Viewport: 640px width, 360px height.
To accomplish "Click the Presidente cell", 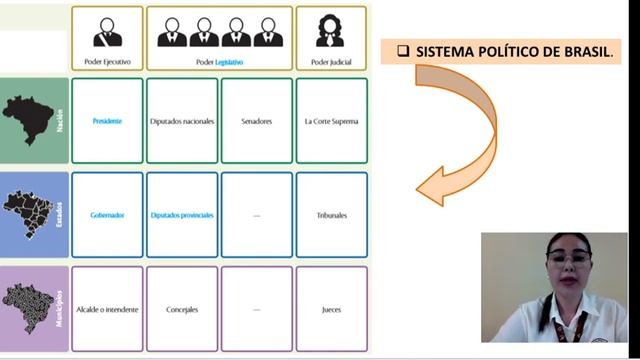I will pyautogui.click(x=107, y=121).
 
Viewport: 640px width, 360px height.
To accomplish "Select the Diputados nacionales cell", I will pyautogui.click(x=182, y=121).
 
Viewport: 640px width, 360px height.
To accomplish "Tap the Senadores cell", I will pyautogui.click(x=257, y=121).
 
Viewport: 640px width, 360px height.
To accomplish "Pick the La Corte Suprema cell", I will pyautogui.click(x=331, y=121).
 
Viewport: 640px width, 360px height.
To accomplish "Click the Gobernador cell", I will pyautogui.click(x=107, y=215).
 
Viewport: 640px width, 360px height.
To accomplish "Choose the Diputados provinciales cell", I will pyautogui.click(x=182, y=215).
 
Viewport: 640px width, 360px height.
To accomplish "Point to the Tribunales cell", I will pyautogui.click(x=331, y=215).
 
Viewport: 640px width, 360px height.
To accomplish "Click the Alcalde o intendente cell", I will pyautogui.click(x=107, y=309).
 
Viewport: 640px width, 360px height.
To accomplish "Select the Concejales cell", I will pyautogui.click(x=182, y=309).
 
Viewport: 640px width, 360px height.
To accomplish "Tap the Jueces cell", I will pyautogui.click(x=331, y=309).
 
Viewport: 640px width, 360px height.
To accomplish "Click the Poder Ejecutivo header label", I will pyautogui.click(x=107, y=62).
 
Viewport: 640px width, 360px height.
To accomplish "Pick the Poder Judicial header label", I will pyautogui.click(x=331, y=62).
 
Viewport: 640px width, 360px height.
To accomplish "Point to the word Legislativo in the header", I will pyautogui.click(x=229, y=62).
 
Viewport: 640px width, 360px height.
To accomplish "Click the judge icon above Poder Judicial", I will pyautogui.click(x=331, y=31).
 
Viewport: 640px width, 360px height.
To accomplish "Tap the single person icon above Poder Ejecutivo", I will pyautogui.click(x=107, y=32).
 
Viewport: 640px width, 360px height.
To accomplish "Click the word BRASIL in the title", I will pyautogui.click(x=587, y=51).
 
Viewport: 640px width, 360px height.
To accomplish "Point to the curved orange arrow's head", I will pyautogui.click(x=427, y=188).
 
